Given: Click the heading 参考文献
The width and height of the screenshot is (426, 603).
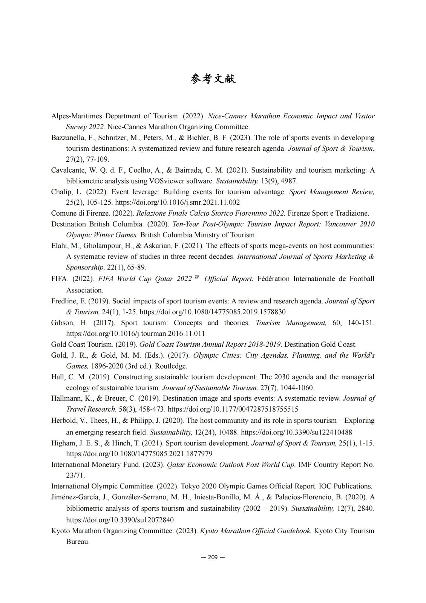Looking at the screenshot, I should click(213, 79).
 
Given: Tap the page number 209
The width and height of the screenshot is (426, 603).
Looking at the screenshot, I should click(213, 557).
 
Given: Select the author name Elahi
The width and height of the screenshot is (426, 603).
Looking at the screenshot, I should click(60, 246).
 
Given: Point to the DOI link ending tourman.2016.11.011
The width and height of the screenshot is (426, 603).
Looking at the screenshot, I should click(135, 334).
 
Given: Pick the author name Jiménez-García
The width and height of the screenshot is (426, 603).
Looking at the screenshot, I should click(74, 497).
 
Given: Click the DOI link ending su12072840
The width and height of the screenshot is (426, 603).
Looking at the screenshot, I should click(120, 520).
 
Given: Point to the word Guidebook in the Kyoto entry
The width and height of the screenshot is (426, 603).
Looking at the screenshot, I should click(294, 531).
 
